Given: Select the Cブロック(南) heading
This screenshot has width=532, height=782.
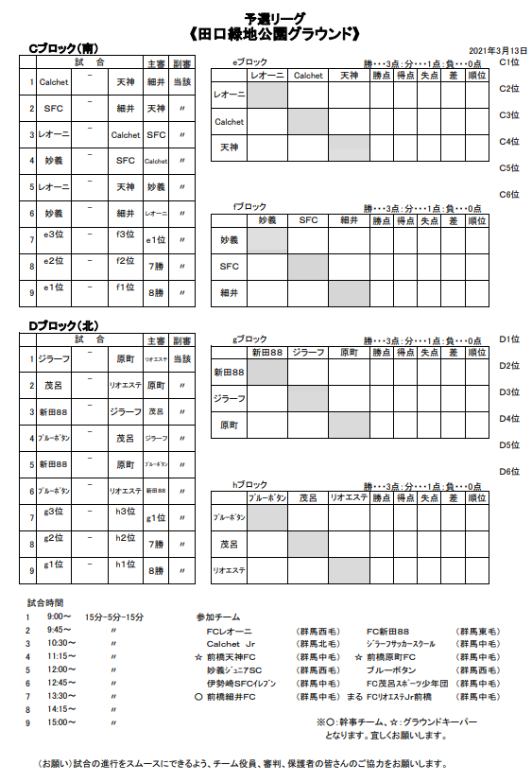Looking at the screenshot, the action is coord(64,48).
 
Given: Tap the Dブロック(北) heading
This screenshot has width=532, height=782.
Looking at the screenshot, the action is coord(64,325).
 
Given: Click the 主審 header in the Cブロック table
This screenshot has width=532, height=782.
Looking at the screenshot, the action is coord(156,62).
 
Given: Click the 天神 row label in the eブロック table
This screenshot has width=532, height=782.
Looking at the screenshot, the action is coord(229,148).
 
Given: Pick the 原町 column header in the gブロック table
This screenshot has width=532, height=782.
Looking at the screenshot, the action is coord(349,352).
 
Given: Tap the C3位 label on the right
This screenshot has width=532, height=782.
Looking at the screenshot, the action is coord(509,114).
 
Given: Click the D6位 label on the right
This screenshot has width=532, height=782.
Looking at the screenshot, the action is coord(509,471).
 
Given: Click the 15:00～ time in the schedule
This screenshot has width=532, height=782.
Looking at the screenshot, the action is coord(61,722).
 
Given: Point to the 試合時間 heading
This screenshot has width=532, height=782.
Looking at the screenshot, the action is coord(45,601).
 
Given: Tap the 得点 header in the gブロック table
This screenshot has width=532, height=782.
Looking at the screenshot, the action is coord(405,352).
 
